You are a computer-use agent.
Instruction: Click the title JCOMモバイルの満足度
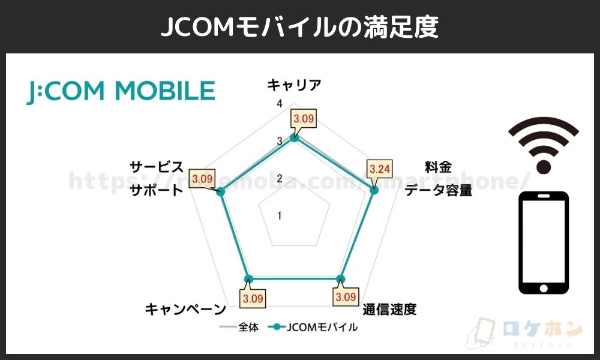click(x=299, y=27)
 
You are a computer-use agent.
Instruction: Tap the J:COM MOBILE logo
click(x=121, y=91)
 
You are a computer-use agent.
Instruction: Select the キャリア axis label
click(x=294, y=85)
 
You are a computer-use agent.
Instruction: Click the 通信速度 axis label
click(x=389, y=310)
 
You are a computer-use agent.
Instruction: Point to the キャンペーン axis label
click(x=185, y=310)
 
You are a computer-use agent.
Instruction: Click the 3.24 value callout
click(x=380, y=169)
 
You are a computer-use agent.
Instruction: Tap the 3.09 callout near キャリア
click(x=304, y=119)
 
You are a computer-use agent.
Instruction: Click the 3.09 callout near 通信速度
click(x=346, y=296)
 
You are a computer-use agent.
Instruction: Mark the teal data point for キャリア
click(x=294, y=138)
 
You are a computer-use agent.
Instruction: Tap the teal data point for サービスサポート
click(x=220, y=191)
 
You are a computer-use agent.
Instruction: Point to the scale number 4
click(x=279, y=104)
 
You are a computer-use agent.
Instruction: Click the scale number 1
click(x=279, y=215)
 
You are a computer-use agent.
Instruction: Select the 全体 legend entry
click(x=240, y=328)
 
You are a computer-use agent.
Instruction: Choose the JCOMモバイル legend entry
click(x=314, y=328)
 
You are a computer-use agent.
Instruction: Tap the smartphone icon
click(x=543, y=243)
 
